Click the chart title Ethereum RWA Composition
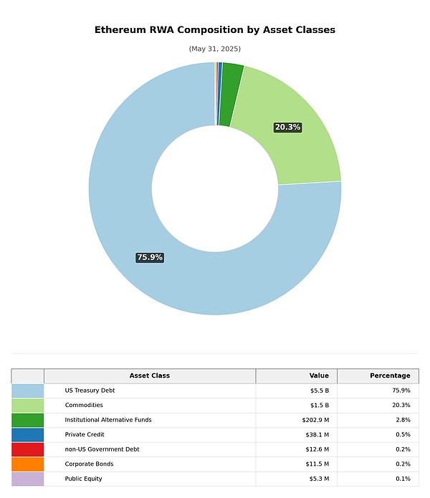214,30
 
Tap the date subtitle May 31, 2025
214,49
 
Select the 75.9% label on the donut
150,257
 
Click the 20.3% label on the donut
287,127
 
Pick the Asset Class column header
149,375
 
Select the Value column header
319,375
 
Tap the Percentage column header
390,375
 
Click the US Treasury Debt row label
90,391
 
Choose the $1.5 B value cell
319,406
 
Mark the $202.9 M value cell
315,420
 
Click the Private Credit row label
84,434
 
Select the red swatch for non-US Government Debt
27,449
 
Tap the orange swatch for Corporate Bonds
27,464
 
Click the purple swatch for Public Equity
27,479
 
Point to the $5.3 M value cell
317,479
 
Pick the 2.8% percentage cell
403,420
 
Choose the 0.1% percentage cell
403,479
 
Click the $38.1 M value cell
316,434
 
